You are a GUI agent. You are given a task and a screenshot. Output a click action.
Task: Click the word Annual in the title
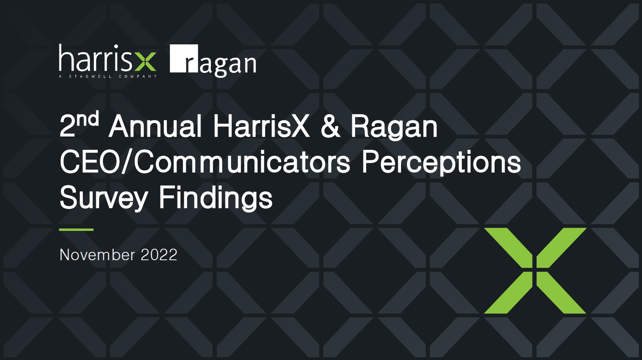[155, 126]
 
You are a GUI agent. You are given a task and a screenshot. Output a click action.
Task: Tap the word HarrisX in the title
[261, 126]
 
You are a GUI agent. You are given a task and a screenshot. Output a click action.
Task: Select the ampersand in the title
[331, 126]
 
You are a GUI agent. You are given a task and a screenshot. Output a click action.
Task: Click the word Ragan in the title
[394, 128]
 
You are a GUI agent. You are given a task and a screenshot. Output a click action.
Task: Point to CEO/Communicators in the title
[204, 162]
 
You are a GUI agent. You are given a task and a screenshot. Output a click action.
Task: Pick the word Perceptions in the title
[441, 163]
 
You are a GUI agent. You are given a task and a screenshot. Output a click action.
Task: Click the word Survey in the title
[104, 198]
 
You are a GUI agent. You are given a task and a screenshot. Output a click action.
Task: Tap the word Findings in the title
[216, 198]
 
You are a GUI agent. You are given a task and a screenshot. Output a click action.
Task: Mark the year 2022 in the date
[159, 255]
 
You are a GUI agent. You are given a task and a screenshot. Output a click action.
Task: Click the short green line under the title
[76, 229]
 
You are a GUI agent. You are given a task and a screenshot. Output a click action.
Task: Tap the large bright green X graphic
[535, 270]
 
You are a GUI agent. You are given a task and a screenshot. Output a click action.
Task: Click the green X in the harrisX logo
[145, 61]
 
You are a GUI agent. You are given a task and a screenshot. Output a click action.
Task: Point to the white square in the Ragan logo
[184, 59]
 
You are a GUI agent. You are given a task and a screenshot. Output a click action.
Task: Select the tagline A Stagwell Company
[108, 76]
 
